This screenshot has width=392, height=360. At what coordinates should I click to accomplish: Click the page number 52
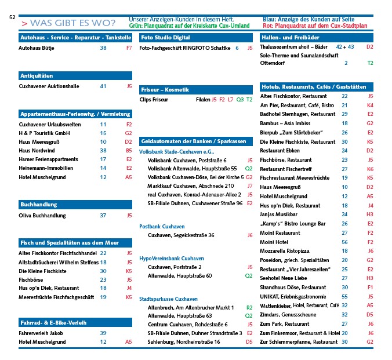(x=12, y=17)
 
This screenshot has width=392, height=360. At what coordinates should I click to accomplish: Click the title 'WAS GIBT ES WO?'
(x=72, y=23)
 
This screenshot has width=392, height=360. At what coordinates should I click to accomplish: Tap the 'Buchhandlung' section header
(x=38, y=205)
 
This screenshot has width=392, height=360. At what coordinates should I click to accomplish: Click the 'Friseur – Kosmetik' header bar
(x=165, y=90)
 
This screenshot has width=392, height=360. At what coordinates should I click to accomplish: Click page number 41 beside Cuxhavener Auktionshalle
(x=103, y=86)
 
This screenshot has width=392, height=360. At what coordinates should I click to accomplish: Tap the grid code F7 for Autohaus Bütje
(x=129, y=48)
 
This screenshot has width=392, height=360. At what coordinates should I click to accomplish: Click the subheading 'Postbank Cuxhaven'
(x=162, y=226)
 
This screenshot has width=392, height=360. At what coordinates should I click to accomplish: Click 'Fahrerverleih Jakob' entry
(x=41, y=333)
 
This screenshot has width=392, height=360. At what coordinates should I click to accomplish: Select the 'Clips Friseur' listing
(x=154, y=100)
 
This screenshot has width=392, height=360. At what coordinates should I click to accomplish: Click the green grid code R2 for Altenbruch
(x=249, y=307)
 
